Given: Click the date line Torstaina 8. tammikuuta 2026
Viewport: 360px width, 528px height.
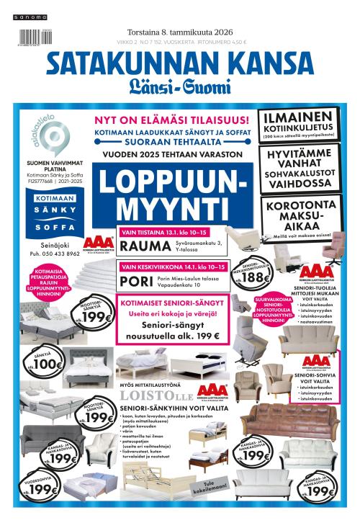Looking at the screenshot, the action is click(x=181, y=32).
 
